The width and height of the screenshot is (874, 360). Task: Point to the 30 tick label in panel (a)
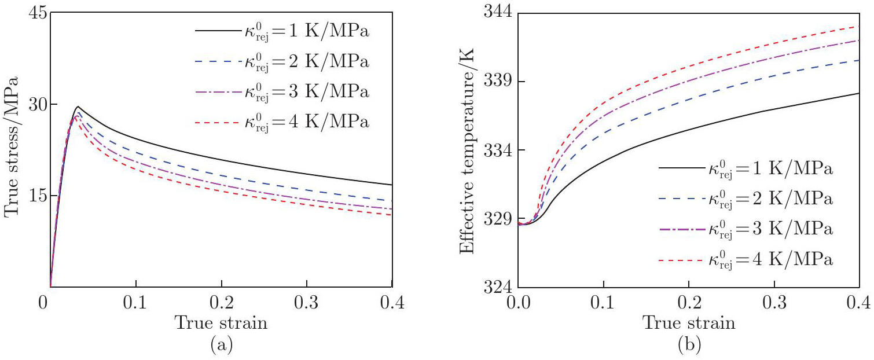pyautogui.click(x=35, y=105)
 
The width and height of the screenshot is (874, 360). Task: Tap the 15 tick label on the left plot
pyautogui.click(x=35, y=196)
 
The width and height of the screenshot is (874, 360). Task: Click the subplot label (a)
pyautogui.click(x=222, y=346)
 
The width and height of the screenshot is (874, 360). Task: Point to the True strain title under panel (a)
pyautogui.click(x=222, y=323)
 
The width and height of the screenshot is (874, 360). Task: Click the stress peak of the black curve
pyautogui.click(x=78, y=106)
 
